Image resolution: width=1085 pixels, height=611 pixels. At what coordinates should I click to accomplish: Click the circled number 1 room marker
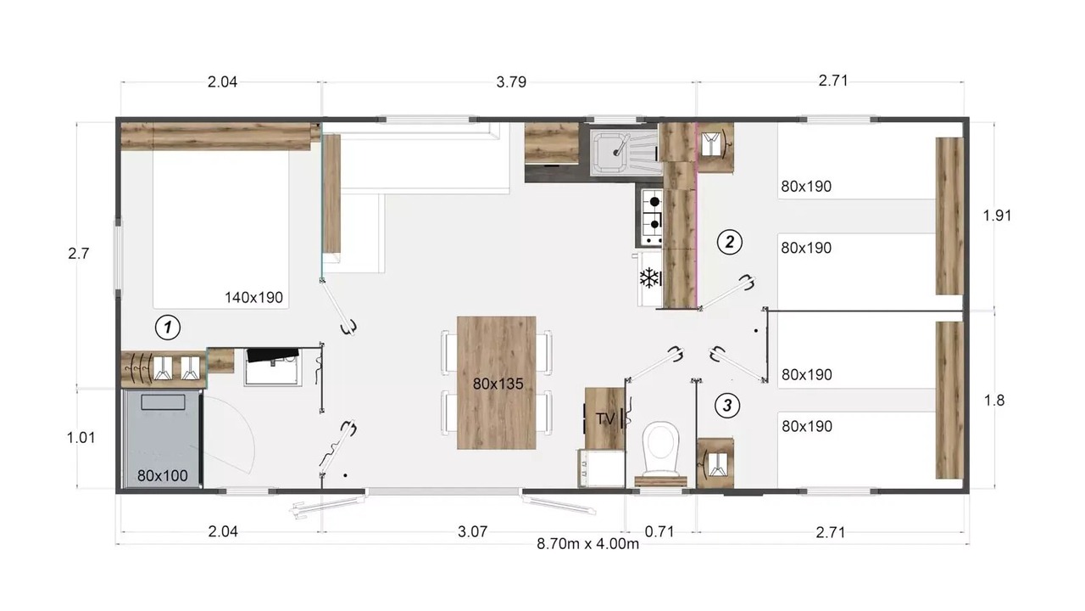[x=168, y=328]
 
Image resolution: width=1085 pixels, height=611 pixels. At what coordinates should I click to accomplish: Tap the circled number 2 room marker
[x=730, y=242]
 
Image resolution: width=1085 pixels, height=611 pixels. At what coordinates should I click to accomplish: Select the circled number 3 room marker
[x=727, y=406]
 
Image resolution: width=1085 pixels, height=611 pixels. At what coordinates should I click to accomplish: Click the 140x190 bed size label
[x=253, y=297]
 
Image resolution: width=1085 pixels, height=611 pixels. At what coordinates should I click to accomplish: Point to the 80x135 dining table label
[x=498, y=384]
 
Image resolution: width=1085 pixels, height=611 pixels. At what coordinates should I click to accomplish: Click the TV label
[x=605, y=419]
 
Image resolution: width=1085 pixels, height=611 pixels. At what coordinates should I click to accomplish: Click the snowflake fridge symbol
[x=649, y=278]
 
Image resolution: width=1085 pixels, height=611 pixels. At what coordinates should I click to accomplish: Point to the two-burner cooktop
[x=653, y=216]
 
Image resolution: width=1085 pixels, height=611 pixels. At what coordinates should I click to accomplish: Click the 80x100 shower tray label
[x=162, y=476]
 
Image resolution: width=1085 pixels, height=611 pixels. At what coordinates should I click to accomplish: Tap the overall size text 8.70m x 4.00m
[x=587, y=544]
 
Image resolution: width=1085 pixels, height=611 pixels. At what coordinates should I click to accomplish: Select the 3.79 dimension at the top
[x=511, y=82]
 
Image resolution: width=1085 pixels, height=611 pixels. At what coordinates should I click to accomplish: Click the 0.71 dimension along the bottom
[x=659, y=532]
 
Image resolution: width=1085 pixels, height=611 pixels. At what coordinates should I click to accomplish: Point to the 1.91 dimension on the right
[x=997, y=216]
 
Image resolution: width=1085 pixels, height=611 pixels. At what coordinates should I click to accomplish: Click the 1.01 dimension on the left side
[x=81, y=438]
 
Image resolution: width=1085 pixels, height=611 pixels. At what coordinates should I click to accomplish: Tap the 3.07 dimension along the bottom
[x=472, y=532]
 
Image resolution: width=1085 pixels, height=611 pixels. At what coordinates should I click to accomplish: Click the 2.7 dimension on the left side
[x=79, y=254]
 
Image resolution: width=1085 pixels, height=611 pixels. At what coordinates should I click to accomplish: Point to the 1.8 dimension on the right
[x=994, y=401]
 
